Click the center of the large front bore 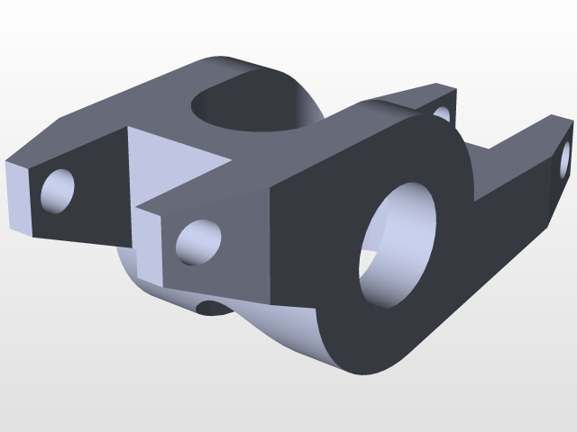click(397, 245)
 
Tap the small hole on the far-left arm click(59, 189)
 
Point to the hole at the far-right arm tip click(566, 155)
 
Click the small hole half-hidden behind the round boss click(443, 114)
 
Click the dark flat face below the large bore click(379, 337)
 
